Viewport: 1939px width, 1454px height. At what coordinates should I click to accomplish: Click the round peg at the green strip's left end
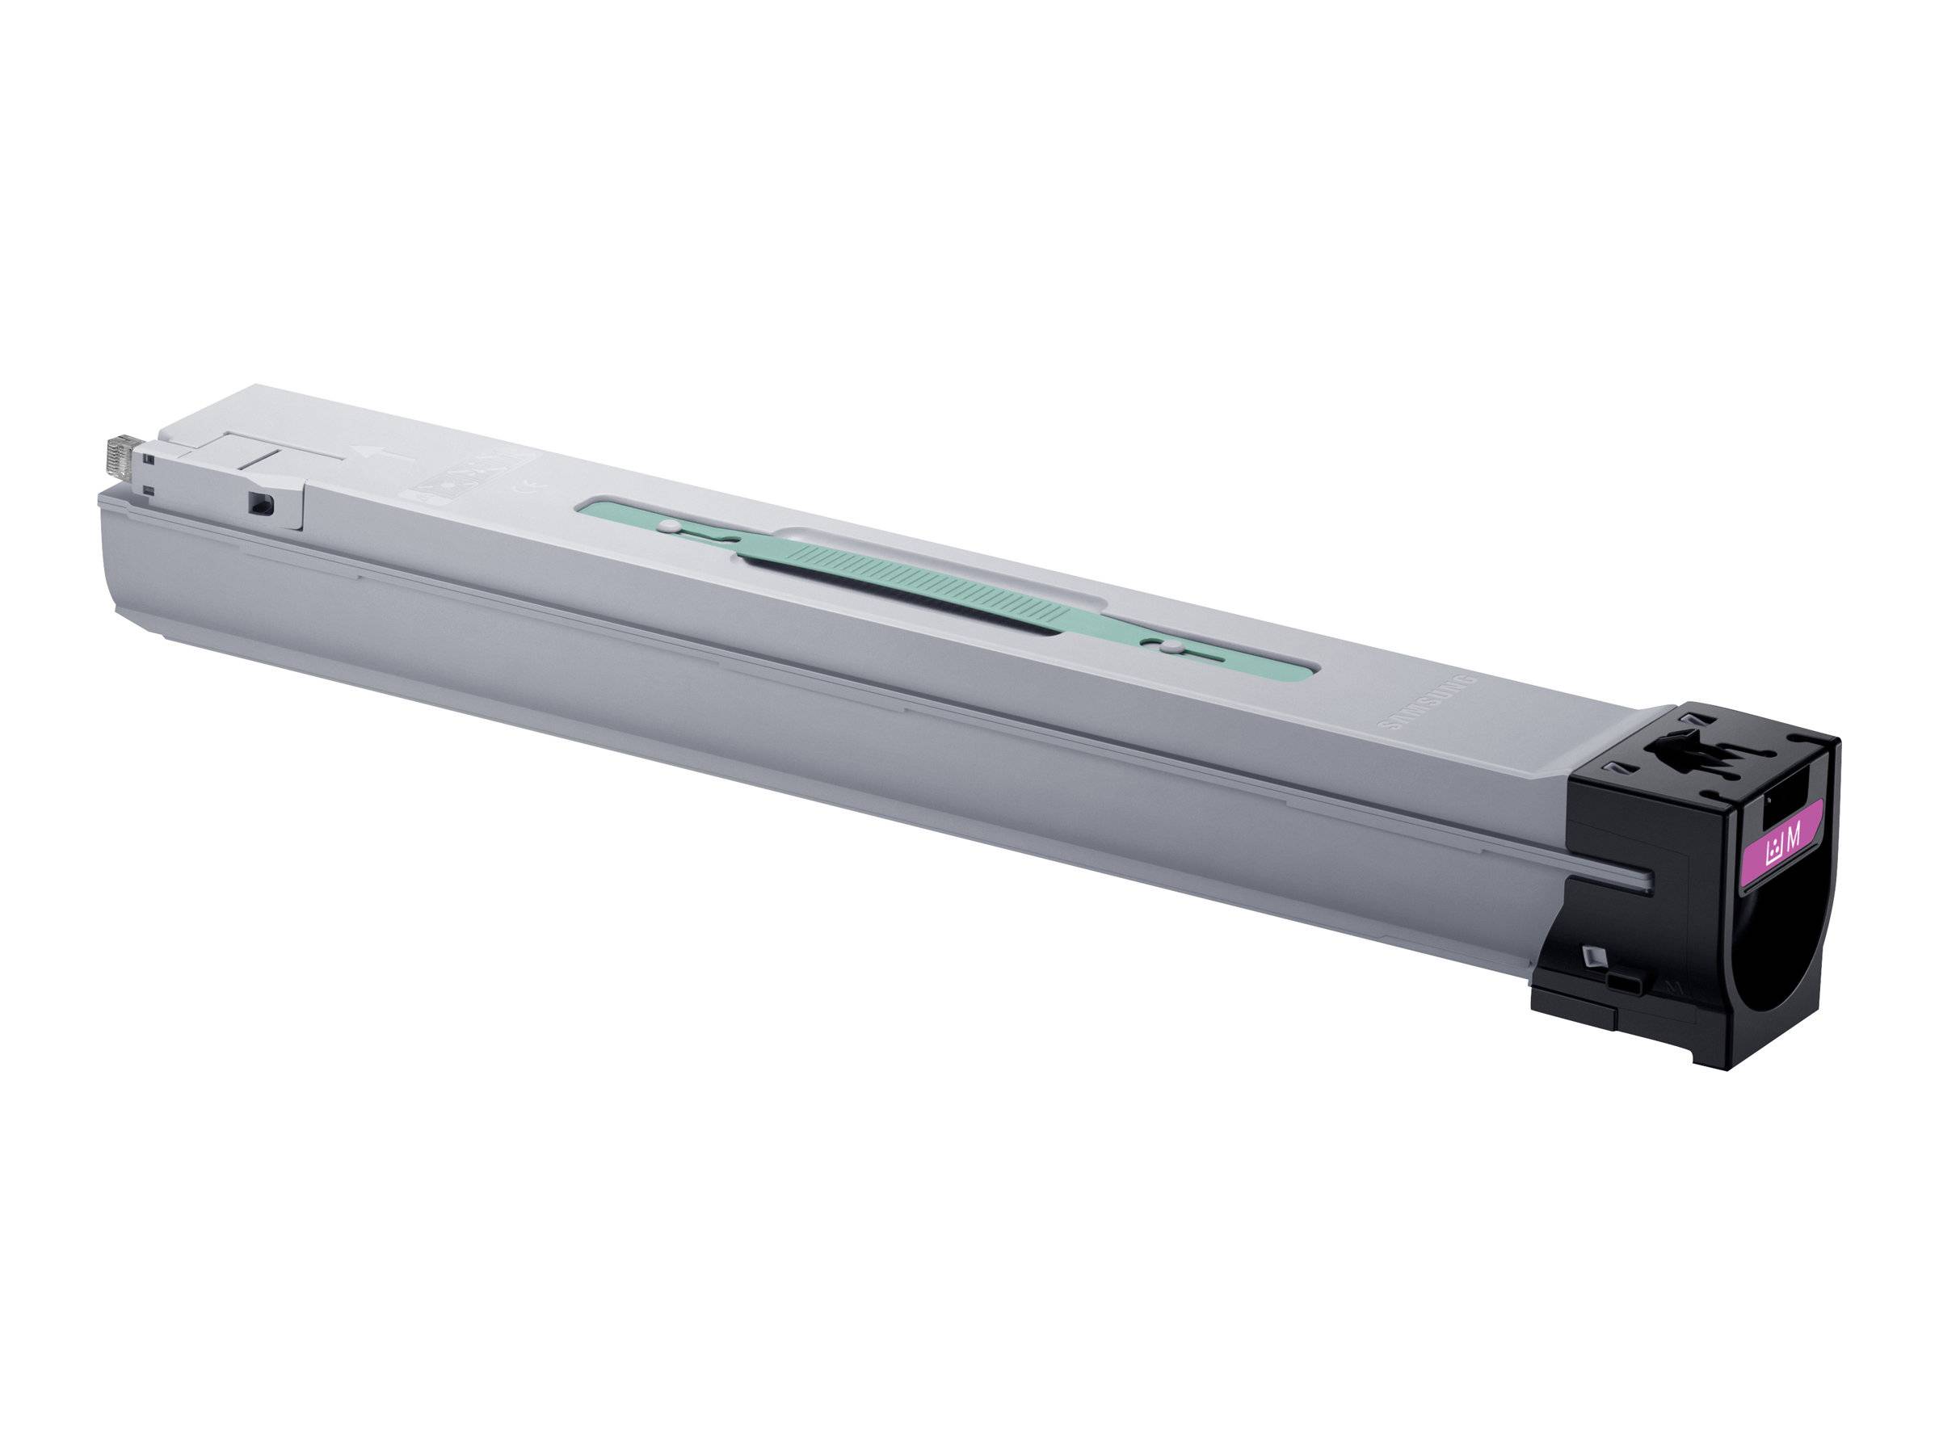tap(669, 527)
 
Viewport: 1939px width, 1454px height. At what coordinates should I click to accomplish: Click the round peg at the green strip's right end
tap(1168, 648)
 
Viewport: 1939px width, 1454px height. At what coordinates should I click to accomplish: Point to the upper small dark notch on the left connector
tap(151, 457)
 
